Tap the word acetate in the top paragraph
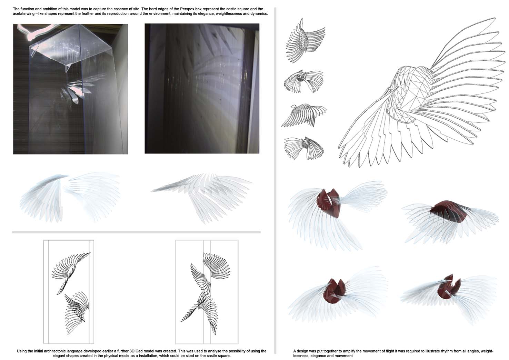[x=19, y=14]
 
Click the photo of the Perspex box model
[x=70, y=89]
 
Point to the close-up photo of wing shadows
[x=202, y=88]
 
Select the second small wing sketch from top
[x=303, y=81]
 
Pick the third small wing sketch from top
[x=304, y=115]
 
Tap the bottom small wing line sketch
[x=304, y=148]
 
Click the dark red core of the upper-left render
[x=328, y=203]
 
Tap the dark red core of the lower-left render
[x=335, y=291]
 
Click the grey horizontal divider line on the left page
[x=136, y=232]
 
